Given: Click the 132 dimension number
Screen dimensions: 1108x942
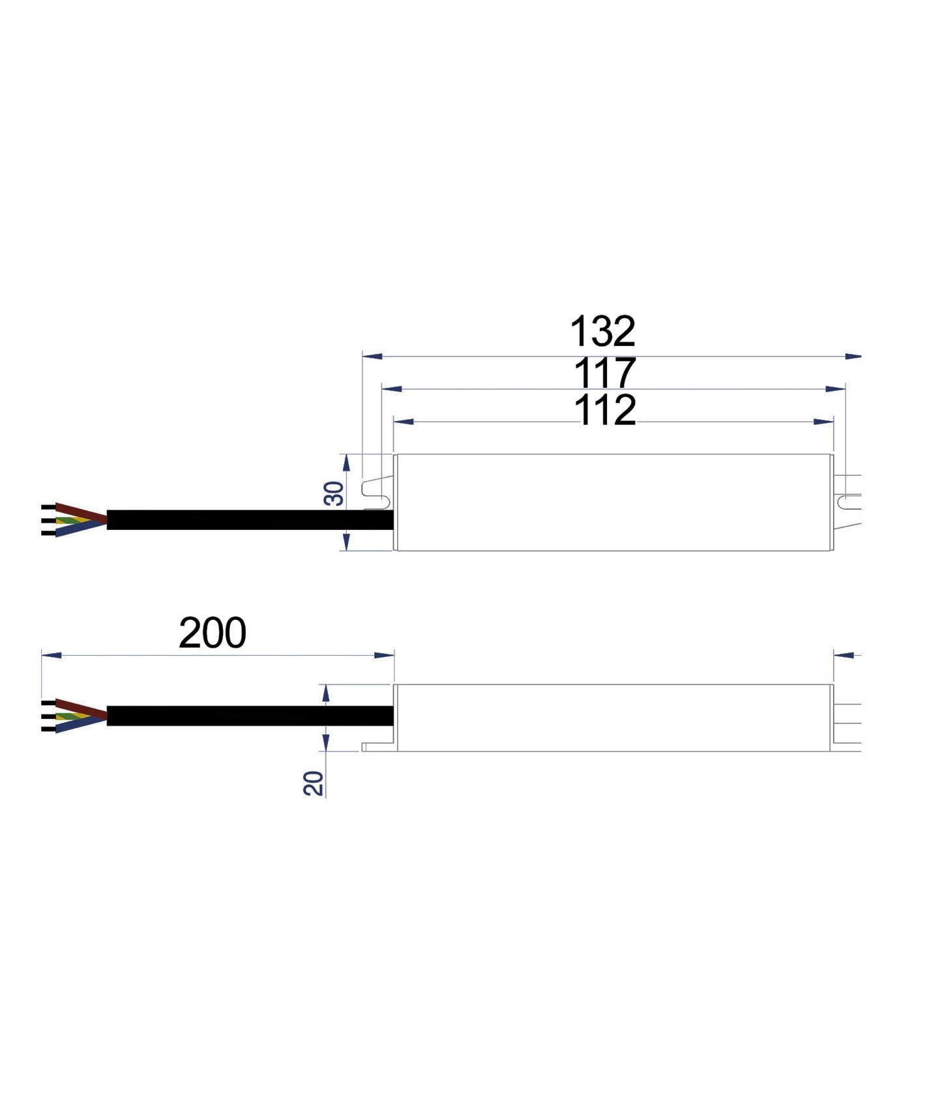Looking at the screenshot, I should [602, 332].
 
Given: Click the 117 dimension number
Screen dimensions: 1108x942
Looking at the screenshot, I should [604, 373].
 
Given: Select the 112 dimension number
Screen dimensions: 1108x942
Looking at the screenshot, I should [605, 411].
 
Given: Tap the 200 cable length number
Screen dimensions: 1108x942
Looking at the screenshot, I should [213, 633].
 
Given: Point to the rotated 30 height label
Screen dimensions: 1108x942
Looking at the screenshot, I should [334, 493].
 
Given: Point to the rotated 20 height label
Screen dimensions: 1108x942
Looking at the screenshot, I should [314, 783].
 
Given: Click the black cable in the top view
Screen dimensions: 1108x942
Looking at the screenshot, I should [248, 519].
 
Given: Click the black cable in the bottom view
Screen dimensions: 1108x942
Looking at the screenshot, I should [248, 716].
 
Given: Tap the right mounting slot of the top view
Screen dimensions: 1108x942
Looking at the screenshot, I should [849, 502].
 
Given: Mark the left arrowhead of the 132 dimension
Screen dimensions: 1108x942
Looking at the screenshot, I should [372, 357].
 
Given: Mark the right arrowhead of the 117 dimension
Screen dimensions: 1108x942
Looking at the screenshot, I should [836, 389].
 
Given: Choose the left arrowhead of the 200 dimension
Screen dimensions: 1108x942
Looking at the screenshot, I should [52, 655].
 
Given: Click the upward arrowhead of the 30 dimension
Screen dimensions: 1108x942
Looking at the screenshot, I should [347, 463].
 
